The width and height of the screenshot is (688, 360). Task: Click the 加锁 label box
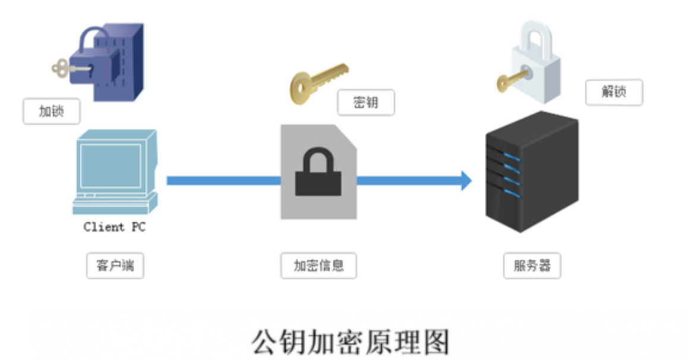[52, 111]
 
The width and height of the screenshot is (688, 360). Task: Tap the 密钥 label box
[366, 103]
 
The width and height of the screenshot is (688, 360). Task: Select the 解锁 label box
[614, 93]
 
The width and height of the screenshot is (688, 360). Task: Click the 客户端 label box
[115, 265]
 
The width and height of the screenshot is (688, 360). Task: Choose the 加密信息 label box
[318, 265]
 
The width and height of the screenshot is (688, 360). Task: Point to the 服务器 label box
[532, 265]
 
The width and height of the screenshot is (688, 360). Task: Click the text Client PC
[114, 227]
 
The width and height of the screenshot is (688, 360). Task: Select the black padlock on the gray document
[318, 173]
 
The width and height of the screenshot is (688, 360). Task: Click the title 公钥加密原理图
[351, 341]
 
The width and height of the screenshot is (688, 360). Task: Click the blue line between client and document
[223, 180]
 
